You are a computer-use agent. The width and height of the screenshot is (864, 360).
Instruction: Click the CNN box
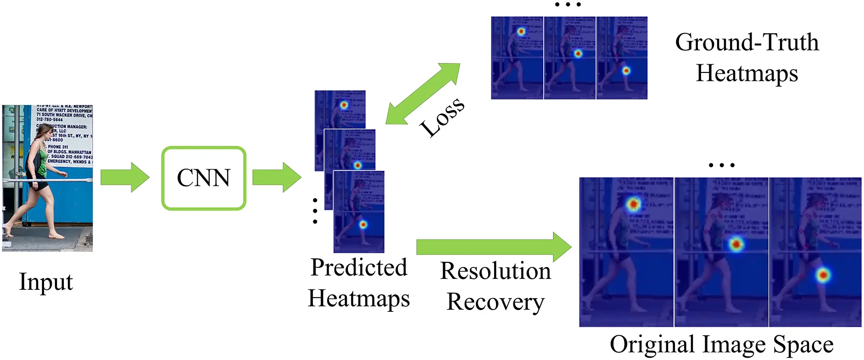click(204, 178)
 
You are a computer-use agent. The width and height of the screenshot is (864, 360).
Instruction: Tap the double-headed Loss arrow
click(423, 94)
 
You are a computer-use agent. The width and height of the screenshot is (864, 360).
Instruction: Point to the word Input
click(45, 282)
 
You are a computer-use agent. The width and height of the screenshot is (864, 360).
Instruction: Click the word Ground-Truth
click(747, 43)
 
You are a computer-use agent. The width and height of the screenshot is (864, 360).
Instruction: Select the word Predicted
click(359, 267)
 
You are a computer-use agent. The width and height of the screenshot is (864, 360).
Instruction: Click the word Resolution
click(496, 271)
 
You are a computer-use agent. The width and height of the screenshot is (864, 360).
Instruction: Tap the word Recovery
click(496, 302)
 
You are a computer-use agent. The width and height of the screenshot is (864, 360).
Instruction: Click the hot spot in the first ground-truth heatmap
click(521, 32)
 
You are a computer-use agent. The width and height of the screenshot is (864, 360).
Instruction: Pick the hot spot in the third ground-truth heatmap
click(626, 71)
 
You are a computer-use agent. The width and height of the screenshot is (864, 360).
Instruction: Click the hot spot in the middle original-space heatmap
click(736, 244)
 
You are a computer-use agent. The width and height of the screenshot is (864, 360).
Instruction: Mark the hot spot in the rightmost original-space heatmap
click(823, 276)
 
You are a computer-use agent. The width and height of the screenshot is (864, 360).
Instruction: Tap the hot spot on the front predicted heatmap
click(363, 225)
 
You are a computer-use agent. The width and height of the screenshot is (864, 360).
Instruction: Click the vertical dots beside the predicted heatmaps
click(315, 211)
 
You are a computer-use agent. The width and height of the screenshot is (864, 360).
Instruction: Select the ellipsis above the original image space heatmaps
click(721, 165)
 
